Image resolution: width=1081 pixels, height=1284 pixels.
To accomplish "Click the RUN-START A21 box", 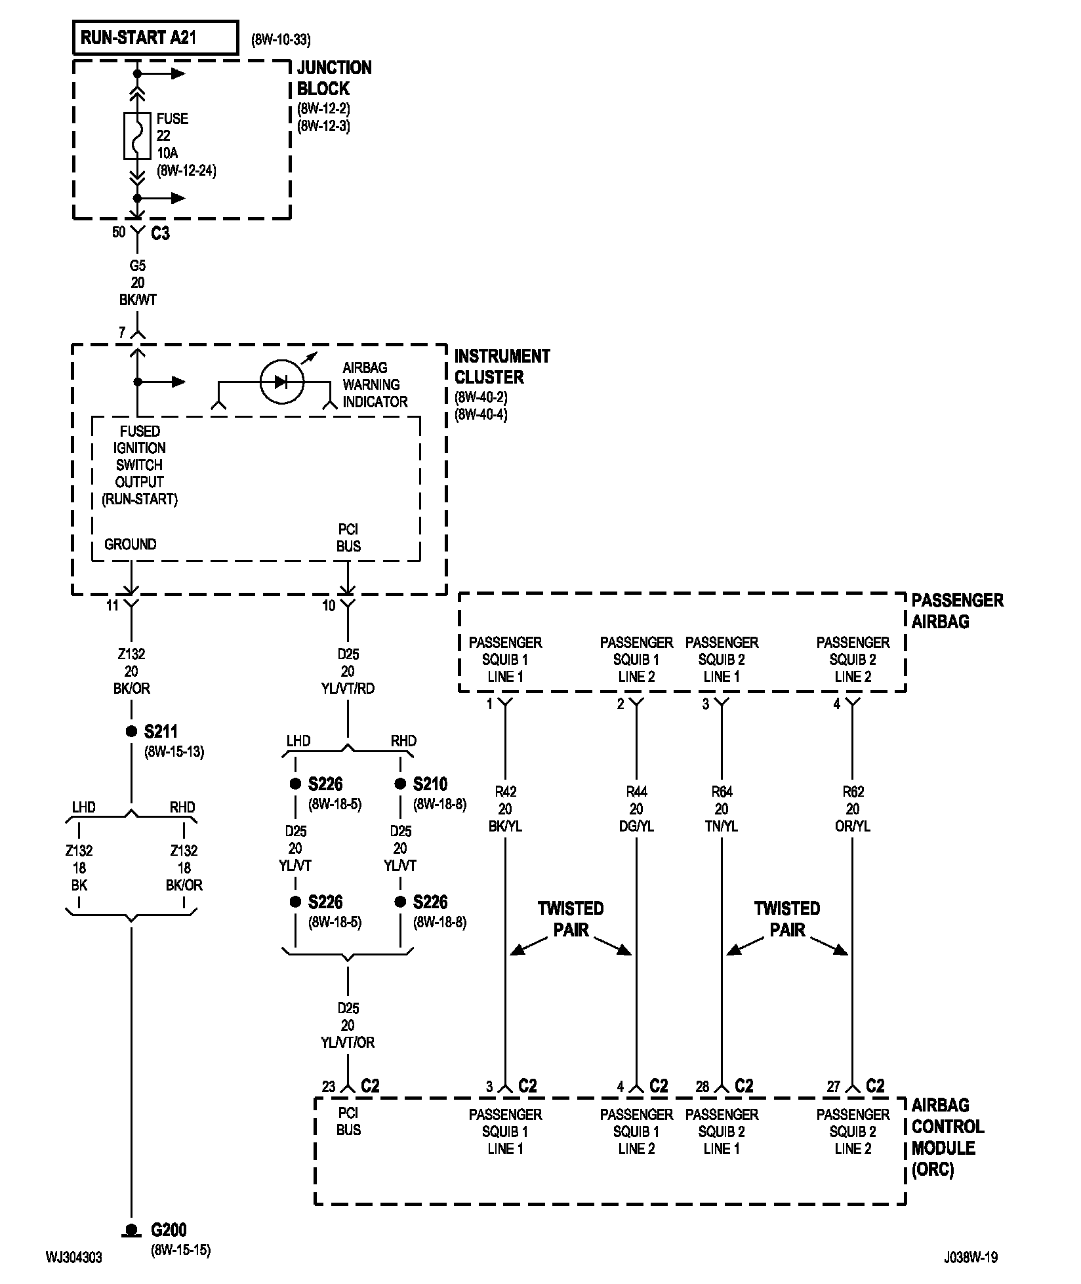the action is pos(155,38).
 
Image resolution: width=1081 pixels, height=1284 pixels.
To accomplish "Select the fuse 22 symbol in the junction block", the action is pos(137,136).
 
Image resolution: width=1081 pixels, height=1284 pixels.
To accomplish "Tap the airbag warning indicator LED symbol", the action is pos(281,382).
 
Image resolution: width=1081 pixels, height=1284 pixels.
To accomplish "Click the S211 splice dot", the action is pos(131,731).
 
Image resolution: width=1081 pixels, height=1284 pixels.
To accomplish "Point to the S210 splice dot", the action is pos(400,784).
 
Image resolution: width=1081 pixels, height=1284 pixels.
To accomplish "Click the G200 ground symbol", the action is pos(131,1230).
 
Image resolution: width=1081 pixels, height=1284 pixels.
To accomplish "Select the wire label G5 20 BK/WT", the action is pos(137,283).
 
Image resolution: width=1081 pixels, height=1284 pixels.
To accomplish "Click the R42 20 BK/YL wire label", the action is pos(505,809).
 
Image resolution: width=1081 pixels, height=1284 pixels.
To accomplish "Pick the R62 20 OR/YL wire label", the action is pos(853,809).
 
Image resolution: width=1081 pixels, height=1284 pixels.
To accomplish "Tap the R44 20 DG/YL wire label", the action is pos(636,809).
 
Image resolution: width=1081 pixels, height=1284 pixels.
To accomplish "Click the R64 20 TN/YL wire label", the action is pos(722,809).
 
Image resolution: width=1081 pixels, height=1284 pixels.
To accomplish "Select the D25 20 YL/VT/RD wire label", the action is pos(348,671).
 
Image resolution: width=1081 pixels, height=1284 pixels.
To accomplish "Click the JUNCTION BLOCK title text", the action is pos(334,78).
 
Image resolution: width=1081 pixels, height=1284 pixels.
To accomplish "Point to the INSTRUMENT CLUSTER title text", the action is pos(502,367).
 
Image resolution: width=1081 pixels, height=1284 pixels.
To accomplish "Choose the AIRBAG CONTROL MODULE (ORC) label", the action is pos(948,1137).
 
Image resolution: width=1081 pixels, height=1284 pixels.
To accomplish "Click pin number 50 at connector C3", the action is pos(119,232).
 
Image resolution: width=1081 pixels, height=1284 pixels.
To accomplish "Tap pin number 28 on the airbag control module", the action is pos(703,1087).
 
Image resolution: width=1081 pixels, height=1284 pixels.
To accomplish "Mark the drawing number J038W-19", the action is pos(971,1257).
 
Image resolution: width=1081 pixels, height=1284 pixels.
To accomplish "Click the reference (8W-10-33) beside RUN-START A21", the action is pos(281,40).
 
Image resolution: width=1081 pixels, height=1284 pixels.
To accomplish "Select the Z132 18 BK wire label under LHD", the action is pos(79,868).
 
